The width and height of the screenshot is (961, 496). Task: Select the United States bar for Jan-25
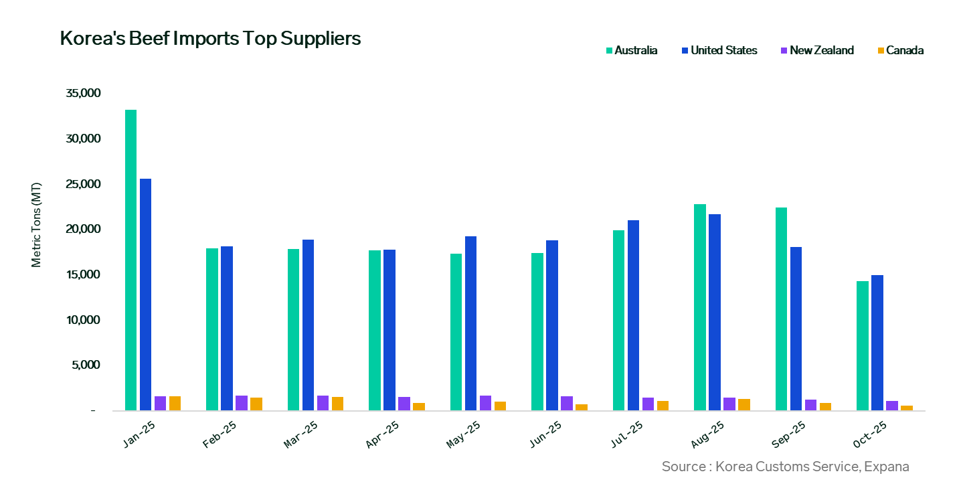(x=145, y=295)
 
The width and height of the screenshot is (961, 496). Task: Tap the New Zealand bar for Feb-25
(x=241, y=403)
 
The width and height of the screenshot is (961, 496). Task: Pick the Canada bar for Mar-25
(x=337, y=404)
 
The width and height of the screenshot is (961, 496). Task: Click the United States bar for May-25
(x=470, y=323)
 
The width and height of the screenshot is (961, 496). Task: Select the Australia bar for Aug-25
(x=699, y=307)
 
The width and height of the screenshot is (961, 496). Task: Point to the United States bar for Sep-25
(x=796, y=329)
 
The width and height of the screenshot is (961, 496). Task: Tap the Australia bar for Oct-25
(x=863, y=345)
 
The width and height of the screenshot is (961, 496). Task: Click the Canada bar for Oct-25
(x=907, y=408)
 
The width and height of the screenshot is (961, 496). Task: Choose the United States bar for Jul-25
(x=633, y=315)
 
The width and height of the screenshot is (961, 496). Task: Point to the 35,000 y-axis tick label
(x=83, y=93)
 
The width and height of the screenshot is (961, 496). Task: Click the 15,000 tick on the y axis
(x=83, y=274)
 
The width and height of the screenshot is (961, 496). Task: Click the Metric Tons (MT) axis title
(x=36, y=224)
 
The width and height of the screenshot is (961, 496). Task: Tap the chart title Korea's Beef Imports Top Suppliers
(x=210, y=39)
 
